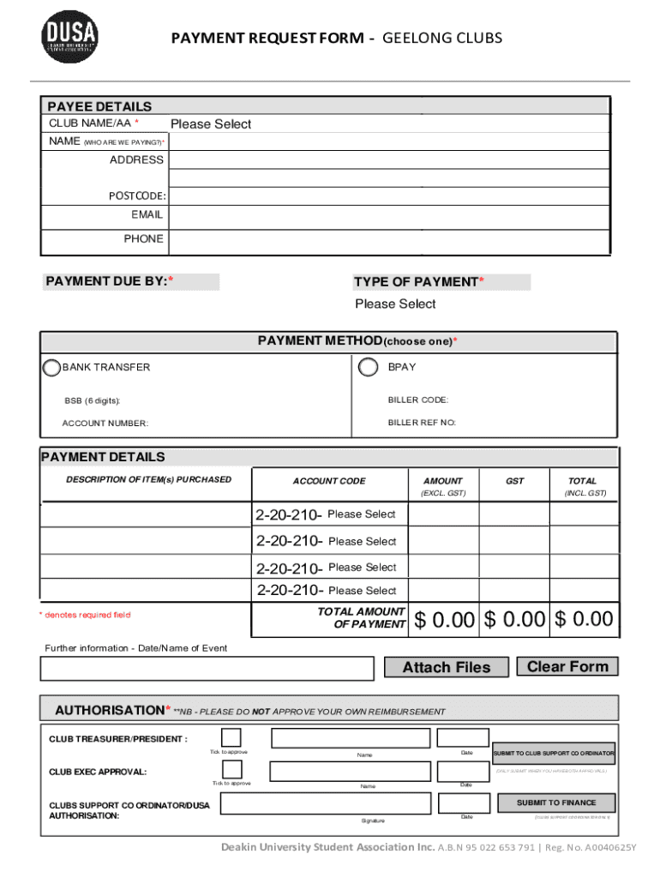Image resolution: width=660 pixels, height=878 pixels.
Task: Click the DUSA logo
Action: pyautogui.click(x=70, y=38)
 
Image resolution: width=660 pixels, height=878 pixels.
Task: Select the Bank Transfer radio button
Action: pyautogui.click(x=51, y=367)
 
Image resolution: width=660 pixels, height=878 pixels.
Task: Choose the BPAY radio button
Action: pyautogui.click(x=369, y=367)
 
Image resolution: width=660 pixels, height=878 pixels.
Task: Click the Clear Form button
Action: pyautogui.click(x=567, y=667)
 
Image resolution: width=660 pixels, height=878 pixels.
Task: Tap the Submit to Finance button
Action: pyautogui.click(x=555, y=803)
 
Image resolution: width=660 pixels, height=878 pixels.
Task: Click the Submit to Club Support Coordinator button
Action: pyautogui.click(x=554, y=753)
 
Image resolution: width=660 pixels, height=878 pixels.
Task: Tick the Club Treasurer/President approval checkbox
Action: pyautogui.click(x=231, y=738)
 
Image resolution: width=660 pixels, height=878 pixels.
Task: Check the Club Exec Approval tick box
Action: pyautogui.click(x=231, y=770)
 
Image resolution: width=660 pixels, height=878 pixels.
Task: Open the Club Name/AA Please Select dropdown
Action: pyautogui.click(x=210, y=124)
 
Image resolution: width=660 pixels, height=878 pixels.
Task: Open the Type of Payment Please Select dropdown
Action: pyautogui.click(x=395, y=304)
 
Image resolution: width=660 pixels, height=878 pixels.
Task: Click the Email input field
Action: pyautogui.click(x=388, y=214)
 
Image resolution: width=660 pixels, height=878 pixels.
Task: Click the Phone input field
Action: pyautogui.click(x=388, y=239)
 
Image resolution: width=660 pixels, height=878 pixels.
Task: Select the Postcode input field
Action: pyautogui.click(x=388, y=195)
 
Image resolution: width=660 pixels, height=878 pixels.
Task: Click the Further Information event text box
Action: pyautogui.click(x=207, y=668)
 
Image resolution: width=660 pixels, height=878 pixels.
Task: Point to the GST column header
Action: pyautogui.click(x=514, y=481)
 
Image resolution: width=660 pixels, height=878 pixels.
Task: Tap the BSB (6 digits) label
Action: pyautogui.click(x=93, y=400)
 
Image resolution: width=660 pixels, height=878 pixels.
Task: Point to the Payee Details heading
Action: pyautogui.click(x=99, y=106)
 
